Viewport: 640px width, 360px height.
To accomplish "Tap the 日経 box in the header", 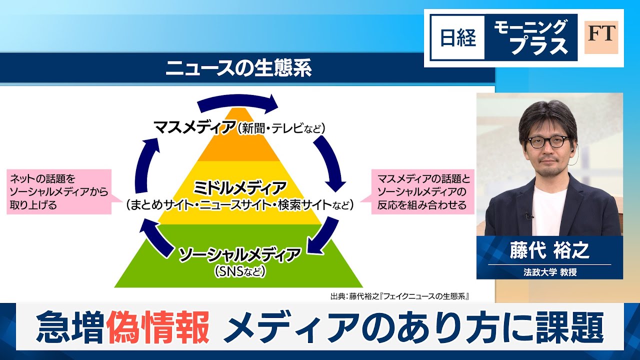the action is [457, 37].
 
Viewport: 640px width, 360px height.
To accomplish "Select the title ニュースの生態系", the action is [238, 67].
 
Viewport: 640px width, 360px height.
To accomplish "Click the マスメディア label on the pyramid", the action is [195, 127].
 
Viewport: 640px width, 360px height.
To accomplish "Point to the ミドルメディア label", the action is [239, 188].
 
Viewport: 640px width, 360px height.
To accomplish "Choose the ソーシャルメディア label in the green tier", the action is [239, 254].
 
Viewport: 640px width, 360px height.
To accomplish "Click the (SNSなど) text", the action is [239, 271].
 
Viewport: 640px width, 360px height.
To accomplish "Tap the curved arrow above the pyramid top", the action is [237, 103].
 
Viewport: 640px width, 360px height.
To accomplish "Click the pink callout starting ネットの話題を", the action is [59, 191].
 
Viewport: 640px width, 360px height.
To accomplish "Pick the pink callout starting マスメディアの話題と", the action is [422, 191].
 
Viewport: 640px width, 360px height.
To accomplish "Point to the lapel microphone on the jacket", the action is [528, 215].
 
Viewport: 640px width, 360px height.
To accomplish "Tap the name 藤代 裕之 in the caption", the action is [549, 250].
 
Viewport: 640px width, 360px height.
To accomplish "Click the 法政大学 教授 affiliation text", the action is [550, 271].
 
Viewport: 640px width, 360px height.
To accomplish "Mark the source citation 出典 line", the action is [400, 296].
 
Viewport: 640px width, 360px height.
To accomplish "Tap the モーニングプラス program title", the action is [530, 37].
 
